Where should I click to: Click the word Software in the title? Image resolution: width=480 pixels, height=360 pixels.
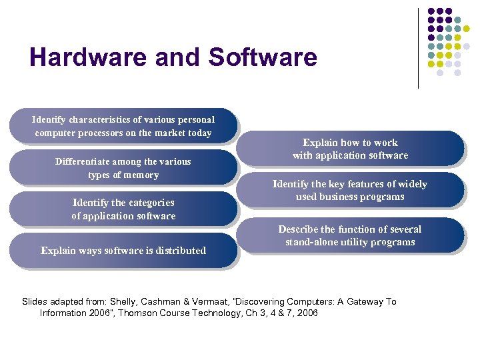263,57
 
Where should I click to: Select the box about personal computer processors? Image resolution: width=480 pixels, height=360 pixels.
123,126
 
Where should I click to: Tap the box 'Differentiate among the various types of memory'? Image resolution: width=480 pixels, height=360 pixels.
123,168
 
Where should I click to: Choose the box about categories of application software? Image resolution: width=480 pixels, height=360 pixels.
123,209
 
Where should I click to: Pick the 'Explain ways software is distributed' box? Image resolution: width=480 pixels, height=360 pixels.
123,251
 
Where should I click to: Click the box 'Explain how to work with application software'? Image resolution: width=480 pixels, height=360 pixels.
350,149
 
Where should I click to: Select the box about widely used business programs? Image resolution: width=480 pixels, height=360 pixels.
350,190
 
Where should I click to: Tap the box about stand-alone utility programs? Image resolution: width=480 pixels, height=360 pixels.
350,235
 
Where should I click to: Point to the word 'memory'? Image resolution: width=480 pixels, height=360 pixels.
142,175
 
